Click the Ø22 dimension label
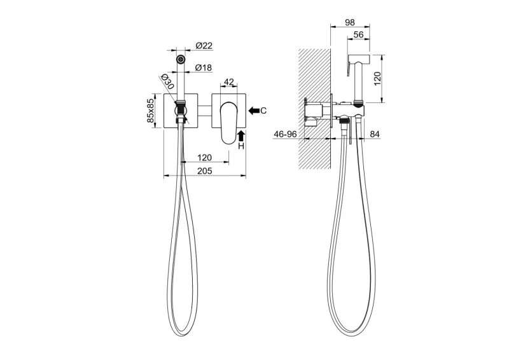click(204, 46)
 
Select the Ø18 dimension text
click(204, 67)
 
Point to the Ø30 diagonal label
click(167, 81)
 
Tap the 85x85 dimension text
click(150, 111)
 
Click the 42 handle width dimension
click(229, 82)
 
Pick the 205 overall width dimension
click(205, 170)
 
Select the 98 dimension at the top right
click(350, 22)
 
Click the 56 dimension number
click(358, 34)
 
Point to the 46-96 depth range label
click(285, 134)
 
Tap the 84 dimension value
click(375, 134)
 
